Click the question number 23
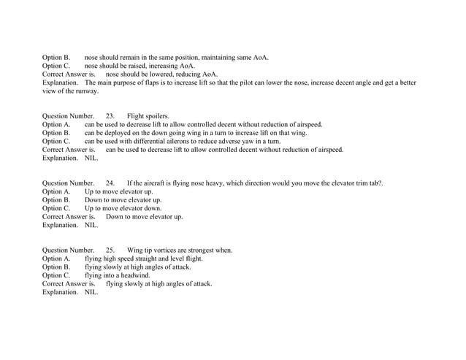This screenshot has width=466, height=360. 110,115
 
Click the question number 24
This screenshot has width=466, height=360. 110,183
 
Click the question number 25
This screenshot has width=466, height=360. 110,250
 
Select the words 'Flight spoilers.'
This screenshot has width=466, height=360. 148,115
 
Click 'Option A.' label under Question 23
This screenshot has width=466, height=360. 56,124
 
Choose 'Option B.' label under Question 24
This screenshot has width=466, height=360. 56,199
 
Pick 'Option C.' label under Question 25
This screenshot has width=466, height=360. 56,275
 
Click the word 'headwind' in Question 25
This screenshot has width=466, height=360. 134,275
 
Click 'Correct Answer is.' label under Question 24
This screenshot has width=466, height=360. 69,216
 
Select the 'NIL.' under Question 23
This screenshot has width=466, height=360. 91,158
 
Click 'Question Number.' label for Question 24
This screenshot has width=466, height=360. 68,183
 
